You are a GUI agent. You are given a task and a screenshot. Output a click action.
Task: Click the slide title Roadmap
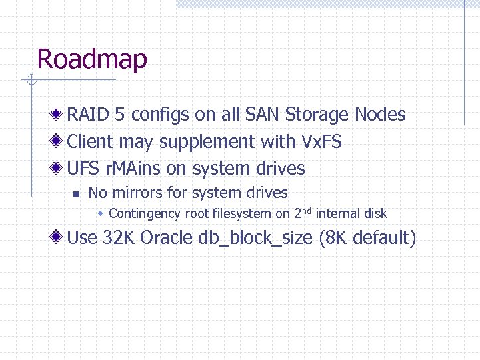coord(92,59)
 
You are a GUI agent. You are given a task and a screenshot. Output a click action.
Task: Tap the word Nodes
coord(380,115)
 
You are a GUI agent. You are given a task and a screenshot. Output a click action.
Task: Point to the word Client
coord(91,142)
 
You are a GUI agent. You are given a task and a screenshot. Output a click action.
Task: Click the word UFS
coord(83,169)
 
